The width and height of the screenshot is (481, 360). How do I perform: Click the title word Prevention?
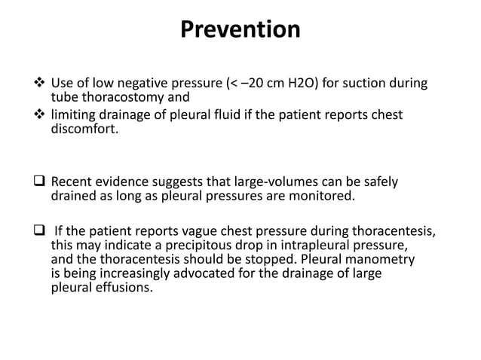point(240,29)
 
